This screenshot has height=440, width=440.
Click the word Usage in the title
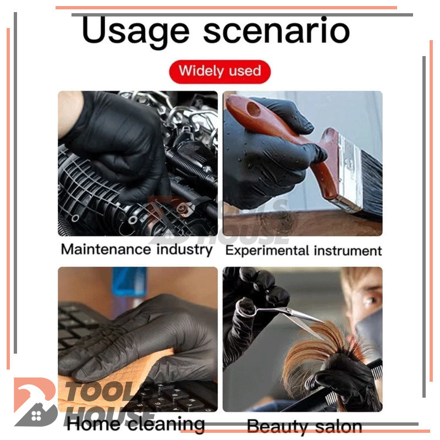[x=136, y=31]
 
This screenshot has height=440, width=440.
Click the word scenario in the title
[x=277, y=30]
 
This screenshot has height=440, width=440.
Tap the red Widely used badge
[x=219, y=71]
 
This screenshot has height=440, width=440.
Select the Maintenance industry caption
[x=136, y=250]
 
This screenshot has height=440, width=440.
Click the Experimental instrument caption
[x=304, y=251]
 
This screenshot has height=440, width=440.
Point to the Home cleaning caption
[x=135, y=424]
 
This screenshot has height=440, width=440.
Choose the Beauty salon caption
[x=305, y=427]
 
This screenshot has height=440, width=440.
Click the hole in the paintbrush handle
[x=254, y=109]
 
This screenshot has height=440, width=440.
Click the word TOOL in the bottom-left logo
[x=101, y=392]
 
